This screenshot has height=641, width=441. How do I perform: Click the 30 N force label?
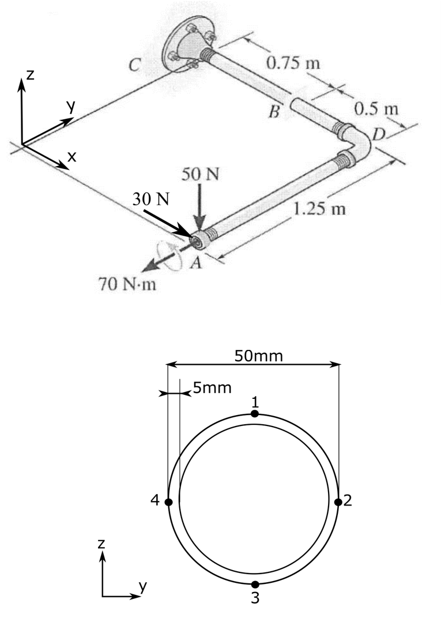(151, 199)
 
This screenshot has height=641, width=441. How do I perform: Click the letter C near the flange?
(133, 66)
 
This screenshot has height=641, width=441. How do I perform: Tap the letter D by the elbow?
(378, 134)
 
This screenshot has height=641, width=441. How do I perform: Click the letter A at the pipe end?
(197, 262)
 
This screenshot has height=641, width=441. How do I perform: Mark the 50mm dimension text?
(259, 356)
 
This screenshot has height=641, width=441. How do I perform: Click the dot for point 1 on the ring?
(255, 413)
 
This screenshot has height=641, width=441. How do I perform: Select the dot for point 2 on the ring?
(338, 502)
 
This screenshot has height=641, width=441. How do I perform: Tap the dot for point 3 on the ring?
(255, 585)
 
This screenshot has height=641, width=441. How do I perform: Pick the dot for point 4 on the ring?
(168, 502)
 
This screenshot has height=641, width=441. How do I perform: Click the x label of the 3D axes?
(71, 156)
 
